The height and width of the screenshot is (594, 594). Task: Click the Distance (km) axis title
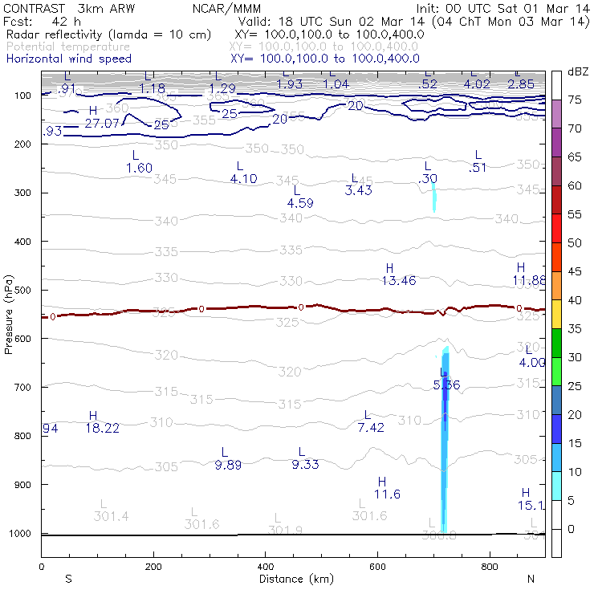293,579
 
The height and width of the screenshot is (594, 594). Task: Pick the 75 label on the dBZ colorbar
575,100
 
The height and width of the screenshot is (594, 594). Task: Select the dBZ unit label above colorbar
577,72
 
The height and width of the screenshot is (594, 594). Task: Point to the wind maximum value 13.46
398,280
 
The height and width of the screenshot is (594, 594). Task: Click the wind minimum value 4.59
299,203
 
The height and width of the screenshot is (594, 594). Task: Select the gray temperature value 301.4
111,516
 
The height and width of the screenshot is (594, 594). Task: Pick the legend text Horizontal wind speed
68,59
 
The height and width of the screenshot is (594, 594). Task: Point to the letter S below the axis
68,579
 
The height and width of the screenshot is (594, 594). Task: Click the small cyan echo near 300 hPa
434,197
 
